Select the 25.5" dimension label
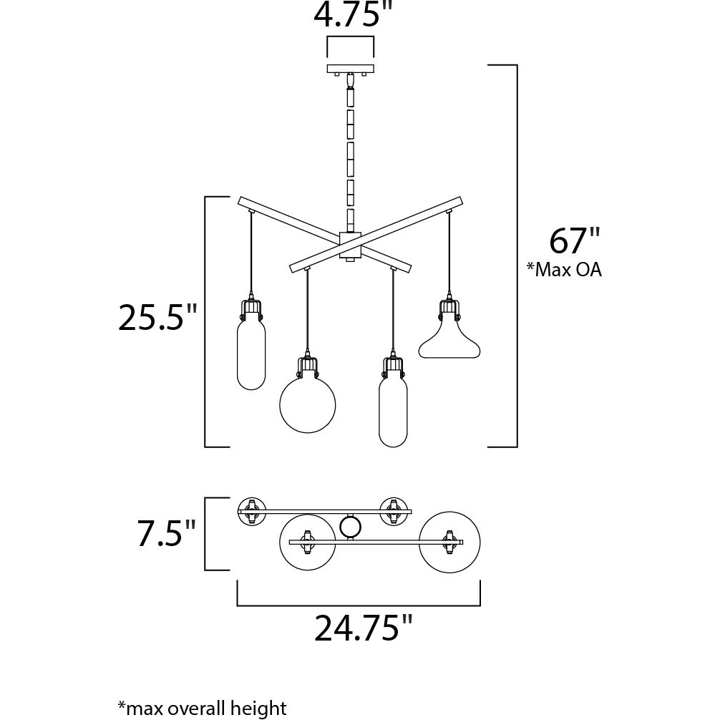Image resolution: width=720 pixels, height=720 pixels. [157, 318]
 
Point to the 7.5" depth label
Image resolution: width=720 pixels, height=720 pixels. [166, 533]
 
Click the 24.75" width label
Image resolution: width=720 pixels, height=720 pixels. [364, 628]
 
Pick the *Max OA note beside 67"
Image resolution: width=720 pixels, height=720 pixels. [564, 270]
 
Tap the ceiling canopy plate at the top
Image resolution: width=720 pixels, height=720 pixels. [350, 69]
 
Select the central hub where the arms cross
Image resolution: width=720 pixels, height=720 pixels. [350, 245]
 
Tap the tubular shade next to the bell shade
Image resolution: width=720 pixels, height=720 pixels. [393, 412]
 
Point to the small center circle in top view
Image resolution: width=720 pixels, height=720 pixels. [350, 527]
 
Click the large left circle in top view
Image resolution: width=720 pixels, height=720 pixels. [307, 542]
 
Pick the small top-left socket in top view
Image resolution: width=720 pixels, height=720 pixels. [250, 510]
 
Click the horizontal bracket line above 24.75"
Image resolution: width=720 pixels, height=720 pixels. [358, 605]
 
